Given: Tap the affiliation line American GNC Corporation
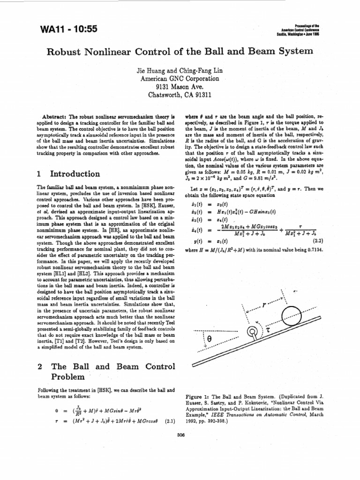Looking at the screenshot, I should (x=180, y=79).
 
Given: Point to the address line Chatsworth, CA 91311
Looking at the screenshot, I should (x=180, y=94).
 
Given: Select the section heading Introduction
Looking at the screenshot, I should (x=75, y=174).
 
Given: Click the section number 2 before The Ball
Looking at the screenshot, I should (x=39, y=367).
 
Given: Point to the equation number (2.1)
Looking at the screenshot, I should (x=170, y=421).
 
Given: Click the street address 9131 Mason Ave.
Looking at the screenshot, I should (x=180, y=87).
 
